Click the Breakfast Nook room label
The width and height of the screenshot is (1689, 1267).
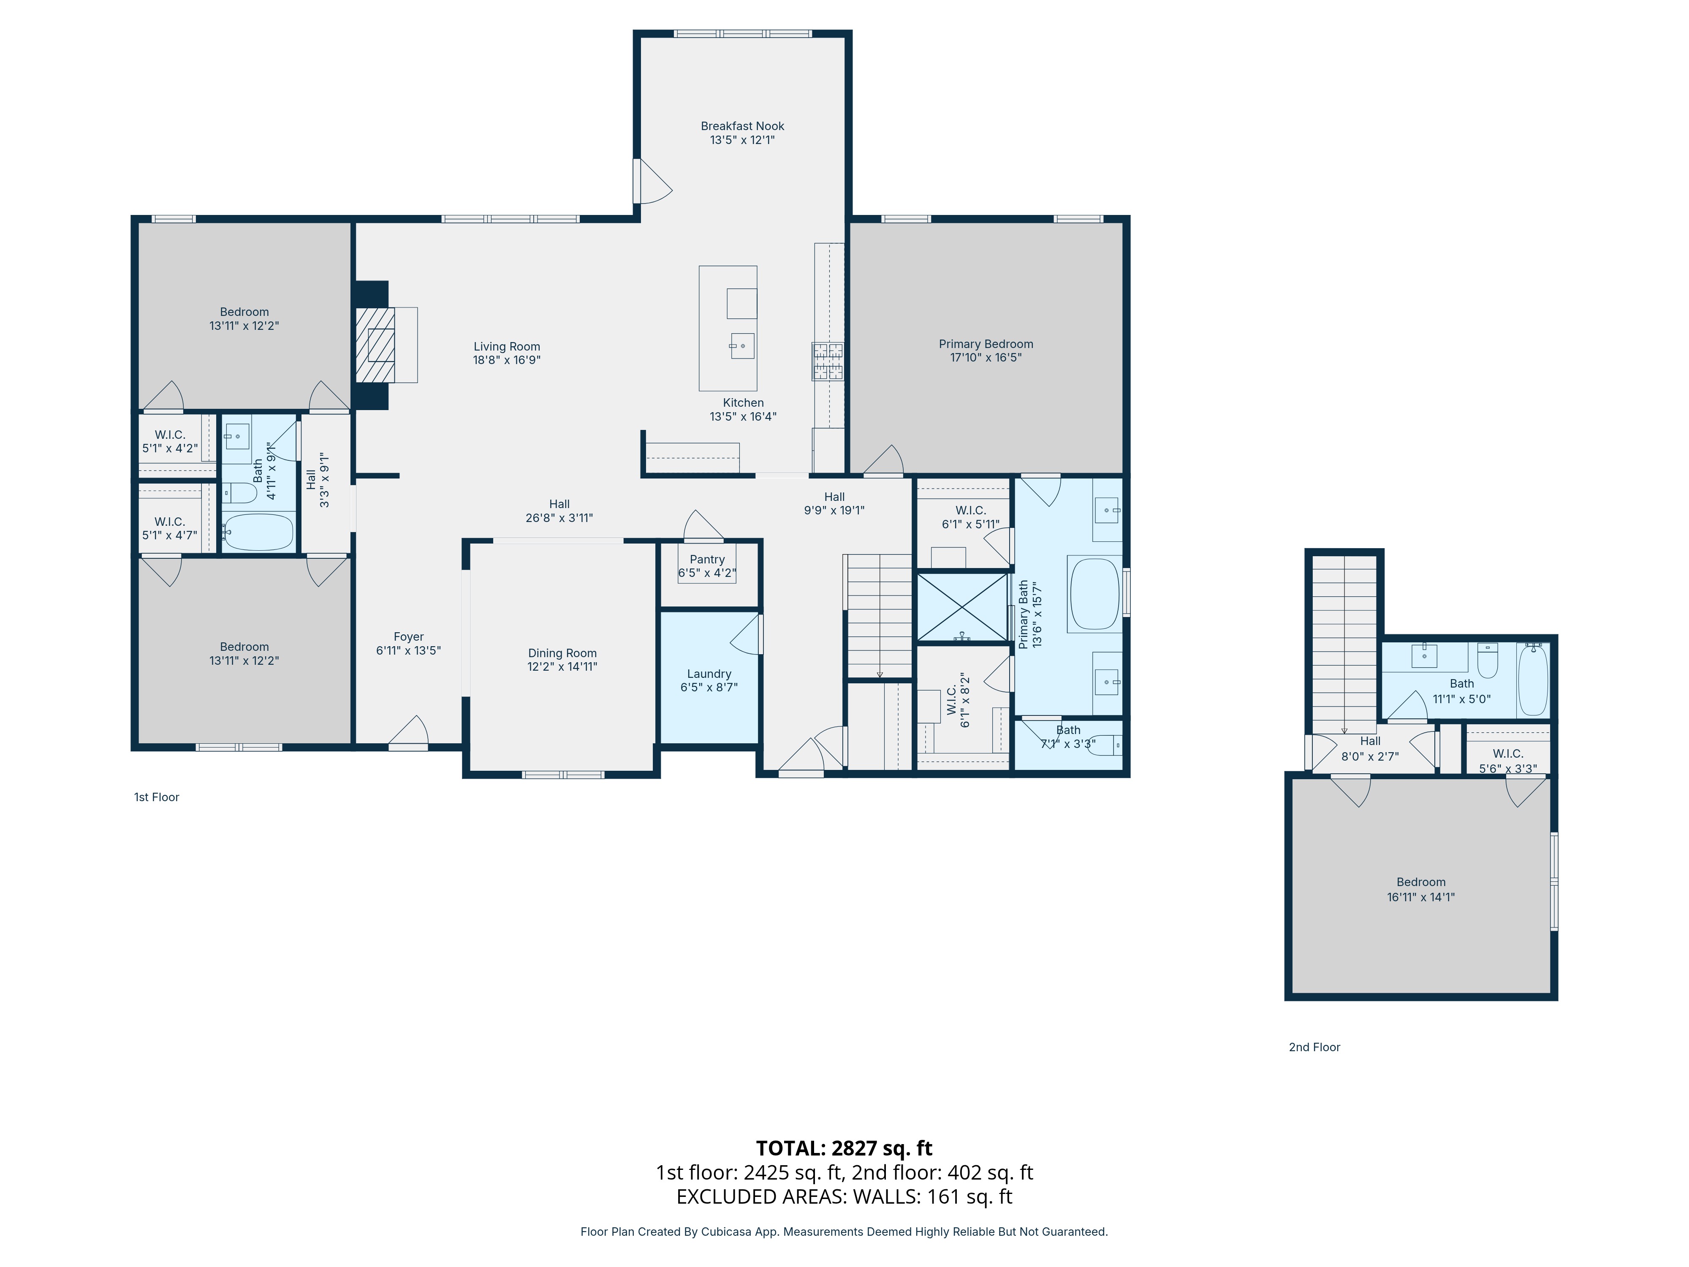[x=742, y=126]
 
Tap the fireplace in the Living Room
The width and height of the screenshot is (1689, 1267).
[x=376, y=345]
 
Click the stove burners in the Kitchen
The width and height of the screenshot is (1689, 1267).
[x=828, y=361]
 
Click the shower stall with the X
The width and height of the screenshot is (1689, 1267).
[x=962, y=608]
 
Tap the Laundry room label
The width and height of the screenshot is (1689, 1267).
[x=709, y=674]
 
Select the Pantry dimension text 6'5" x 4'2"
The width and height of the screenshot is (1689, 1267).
[x=707, y=573]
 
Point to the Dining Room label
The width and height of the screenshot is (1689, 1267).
[x=562, y=653]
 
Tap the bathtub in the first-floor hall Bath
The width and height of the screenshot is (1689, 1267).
[x=258, y=532]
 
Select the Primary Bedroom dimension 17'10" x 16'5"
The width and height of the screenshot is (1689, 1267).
[x=986, y=357]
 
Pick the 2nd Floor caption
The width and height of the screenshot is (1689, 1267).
[x=1314, y=1047]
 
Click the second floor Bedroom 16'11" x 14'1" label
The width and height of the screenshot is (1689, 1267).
[x=1421, y=882]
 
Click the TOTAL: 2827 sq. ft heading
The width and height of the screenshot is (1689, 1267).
[x=844, y=1148]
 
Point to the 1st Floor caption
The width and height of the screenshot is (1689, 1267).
[x=157, y=797]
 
